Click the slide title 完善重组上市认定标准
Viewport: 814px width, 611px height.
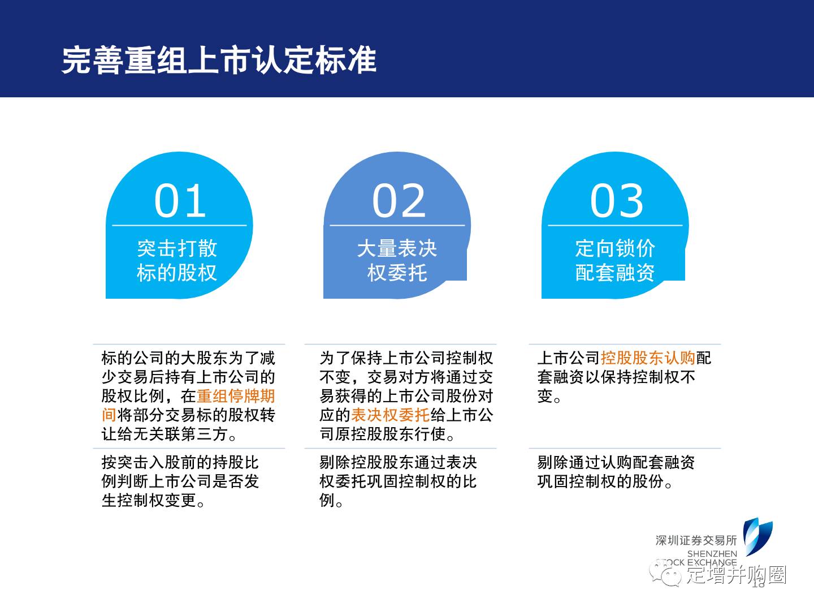(219, 61)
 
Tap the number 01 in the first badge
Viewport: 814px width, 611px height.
(180, 201)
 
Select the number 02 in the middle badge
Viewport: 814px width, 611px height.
(399, 201)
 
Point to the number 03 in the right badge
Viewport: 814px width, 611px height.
(616, 201)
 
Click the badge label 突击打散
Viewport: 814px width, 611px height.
(177, 248)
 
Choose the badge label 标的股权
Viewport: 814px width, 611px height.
(177, 273)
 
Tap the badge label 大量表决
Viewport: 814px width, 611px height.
(397, 248)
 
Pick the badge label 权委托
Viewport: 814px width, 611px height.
(397, 273)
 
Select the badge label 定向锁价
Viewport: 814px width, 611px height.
(615, 248)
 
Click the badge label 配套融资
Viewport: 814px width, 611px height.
(615, 273)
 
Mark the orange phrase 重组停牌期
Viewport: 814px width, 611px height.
(236, 396)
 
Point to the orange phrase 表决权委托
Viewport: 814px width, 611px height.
(391, 415)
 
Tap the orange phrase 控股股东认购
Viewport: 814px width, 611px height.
(648, 358)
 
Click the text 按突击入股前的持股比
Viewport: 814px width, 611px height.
(180, 462)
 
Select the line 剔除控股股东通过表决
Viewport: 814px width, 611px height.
(399, 462)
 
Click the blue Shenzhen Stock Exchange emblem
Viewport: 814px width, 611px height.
(758, 536)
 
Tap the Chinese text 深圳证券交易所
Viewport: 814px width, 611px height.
(696, 540)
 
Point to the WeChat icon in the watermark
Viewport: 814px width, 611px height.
(665, 574)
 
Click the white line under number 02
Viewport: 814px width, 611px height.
(397, 225)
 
